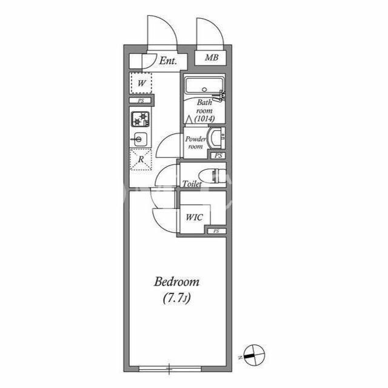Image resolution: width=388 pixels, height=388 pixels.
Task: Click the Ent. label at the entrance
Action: pyautogui.click(x=168, y=61)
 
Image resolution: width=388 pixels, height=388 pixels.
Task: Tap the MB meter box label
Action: pyautogui.click(x=212, y=58)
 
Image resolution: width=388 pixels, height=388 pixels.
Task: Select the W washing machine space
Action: pyautogui.click(x=141, y=83)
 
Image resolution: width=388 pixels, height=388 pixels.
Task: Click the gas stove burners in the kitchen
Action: pyautogui.click(x=140, y=119)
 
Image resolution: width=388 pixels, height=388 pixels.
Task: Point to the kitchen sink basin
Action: pyautogui.click(x=139, y=139)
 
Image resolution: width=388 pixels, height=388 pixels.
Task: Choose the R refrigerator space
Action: pyautogui.click(x=141, y=159)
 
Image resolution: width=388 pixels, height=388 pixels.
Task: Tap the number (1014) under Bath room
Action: pyautogui.click(x=204, y=119)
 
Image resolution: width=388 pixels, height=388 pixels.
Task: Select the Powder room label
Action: pyautogui.click(x=195, y=142)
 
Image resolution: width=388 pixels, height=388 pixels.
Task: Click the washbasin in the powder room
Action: pyautogui.click(x=217, y=138)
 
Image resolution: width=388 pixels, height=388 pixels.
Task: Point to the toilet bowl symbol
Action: pyautogui.click(x=213, y=175)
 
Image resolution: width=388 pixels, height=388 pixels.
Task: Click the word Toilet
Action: pyautogui.click(x=192, y=184)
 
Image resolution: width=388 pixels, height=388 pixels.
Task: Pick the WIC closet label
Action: pyautogui.click(x=194, y=217)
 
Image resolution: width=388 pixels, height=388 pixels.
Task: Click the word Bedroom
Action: pyautogui.click(x=176, y=282)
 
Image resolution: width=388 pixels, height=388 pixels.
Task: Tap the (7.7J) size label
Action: pyautogui.click(x=176, y=298)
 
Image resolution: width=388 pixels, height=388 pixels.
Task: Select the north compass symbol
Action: pyautogui.click(x=254, y=355)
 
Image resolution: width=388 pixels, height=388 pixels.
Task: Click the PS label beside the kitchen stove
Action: pyautogui.click(x=141, y=101)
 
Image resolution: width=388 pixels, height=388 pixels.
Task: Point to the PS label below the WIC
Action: pyautogui.click(x=216, y=231)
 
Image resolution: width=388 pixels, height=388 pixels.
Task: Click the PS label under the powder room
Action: pyautogui.click(x=218, y=156)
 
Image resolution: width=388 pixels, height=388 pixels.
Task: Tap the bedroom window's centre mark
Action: pyautogui.click(x=169, y=369)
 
